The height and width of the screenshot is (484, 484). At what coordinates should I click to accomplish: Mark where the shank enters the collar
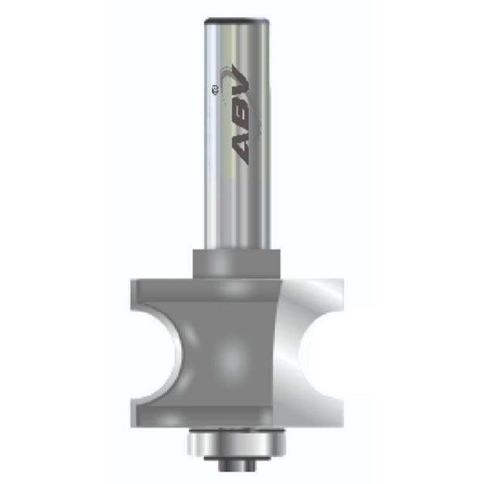click(237, 249)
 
